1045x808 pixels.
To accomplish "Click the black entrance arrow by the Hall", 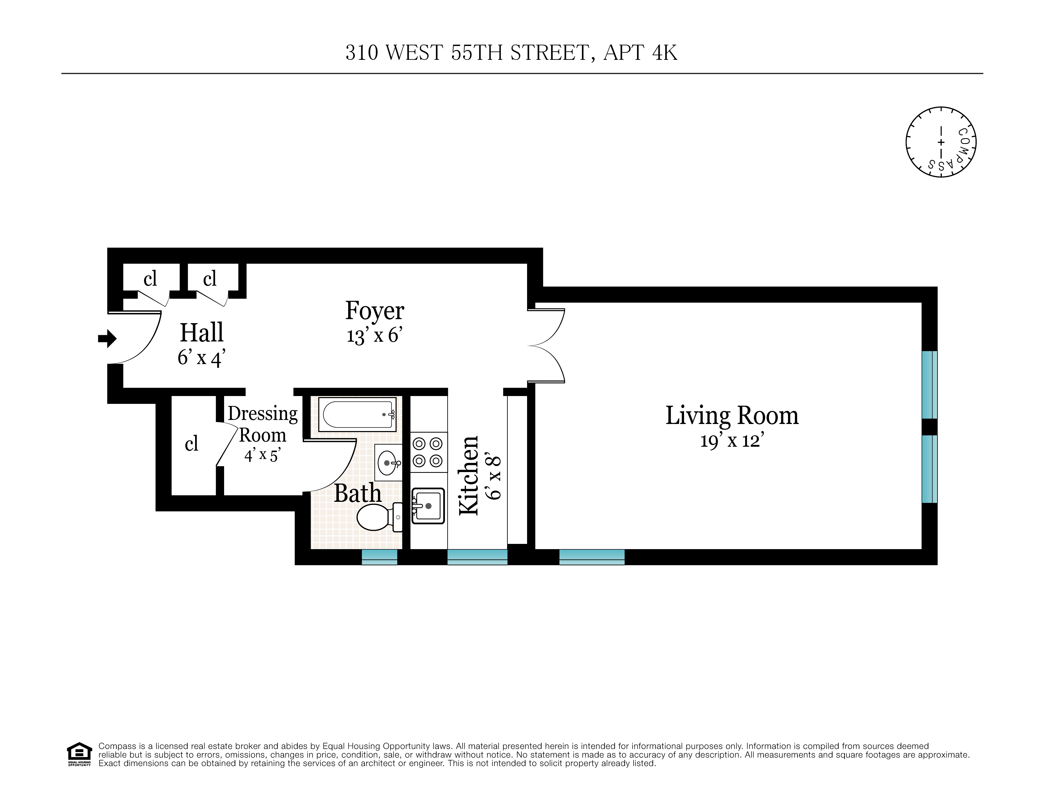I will pyautogui.click(x=107, y=338).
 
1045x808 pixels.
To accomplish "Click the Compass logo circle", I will pyautogui.click(x=941, y=142).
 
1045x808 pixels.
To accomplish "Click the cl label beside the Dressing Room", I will pyautogui.click(x=191, y=444).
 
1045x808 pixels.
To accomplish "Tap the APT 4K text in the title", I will pyautogui.click(x=640, y=53).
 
